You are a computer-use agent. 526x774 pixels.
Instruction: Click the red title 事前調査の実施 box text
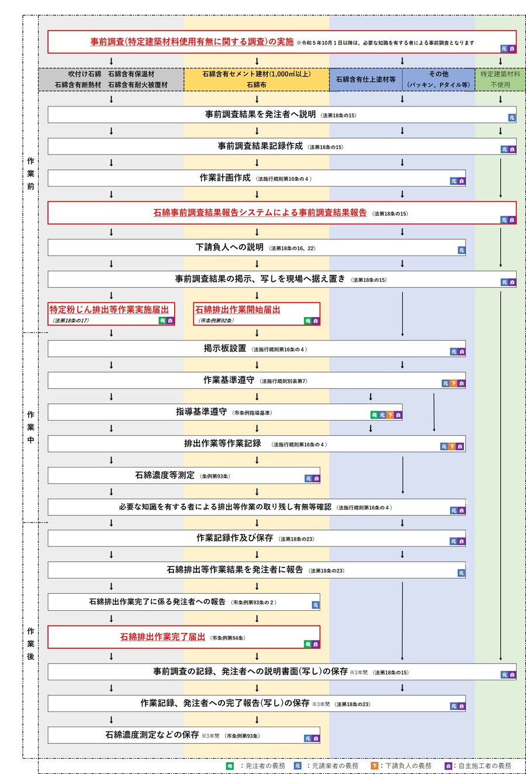pos(192,42)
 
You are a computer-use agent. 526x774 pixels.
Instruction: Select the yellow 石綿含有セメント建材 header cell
pos(257,80)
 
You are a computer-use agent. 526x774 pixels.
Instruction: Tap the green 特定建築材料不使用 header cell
pos(500,80)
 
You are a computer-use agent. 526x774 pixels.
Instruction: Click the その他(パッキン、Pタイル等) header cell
pos(438,80)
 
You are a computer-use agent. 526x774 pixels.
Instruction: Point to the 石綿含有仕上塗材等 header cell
pos(366,80)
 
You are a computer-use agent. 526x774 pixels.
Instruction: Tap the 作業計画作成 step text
pos(225,178)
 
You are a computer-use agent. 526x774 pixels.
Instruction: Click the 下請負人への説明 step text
pos(230,247)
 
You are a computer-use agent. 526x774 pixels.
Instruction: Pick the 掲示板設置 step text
pos(225,349)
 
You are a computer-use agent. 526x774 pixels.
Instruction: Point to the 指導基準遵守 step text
pos(202,412)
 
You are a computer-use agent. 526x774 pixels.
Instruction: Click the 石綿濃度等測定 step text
pos(165,476)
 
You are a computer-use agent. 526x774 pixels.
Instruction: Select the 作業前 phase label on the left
pos(30,173)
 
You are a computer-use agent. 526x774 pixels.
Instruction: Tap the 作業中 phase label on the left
pos(30,427)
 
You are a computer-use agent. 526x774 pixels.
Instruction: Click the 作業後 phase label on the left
pos(30,644)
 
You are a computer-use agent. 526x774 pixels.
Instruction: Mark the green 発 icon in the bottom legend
pos(230,765)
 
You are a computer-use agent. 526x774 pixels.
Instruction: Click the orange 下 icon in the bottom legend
pos(374,765)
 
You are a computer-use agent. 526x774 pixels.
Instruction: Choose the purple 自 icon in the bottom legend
pos(448,765)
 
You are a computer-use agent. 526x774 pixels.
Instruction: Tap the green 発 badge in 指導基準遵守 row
pos(375,415)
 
